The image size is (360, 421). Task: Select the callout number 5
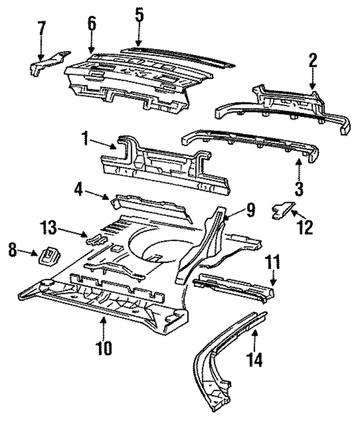tap(139, 15)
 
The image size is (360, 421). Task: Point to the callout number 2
tap(312, 60)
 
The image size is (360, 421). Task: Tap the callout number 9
tap(250, 210)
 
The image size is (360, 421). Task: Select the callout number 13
tap(48, 227)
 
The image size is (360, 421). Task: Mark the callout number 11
tap(272, 262)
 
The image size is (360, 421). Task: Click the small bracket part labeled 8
tap(50, 256)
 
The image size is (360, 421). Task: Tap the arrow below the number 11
tap(273, 278)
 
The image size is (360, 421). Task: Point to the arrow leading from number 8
tap(28, 252)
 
